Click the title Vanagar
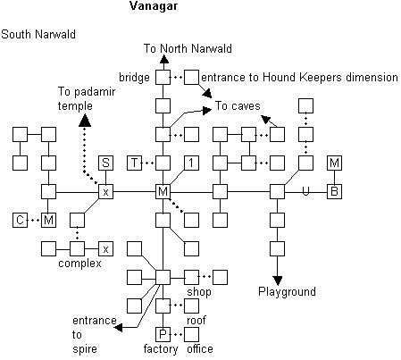point(154,6)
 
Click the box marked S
point(105,163)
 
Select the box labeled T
point(134,163)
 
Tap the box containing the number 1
point(191,163)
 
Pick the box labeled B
point(334,191)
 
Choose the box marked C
point(20,220)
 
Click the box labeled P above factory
point(163,334)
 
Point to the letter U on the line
point(305,191)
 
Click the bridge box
point(163,77)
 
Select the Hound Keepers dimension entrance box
point(191,77)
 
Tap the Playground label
point(287,291)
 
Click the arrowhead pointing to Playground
point(277,280)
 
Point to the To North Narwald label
point(188,48)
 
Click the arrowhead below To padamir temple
point(85,121)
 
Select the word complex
point(79,264)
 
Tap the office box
point(191,334)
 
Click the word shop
point(199,292)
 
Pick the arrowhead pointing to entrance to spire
point(118,328)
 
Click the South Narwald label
point(38,34)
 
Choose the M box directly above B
point(334,163)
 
